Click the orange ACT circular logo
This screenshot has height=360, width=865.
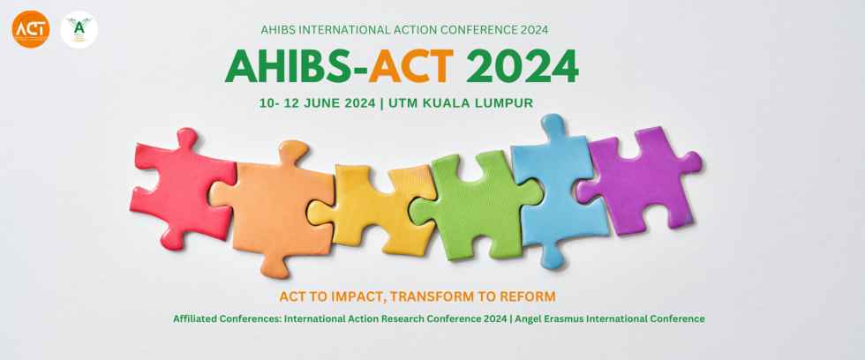(x=30, y=30)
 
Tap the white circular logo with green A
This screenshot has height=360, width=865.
(x=79, y=30)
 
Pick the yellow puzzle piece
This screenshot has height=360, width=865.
(x=371, y=207)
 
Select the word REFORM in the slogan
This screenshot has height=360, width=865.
(x=523, y=296)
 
